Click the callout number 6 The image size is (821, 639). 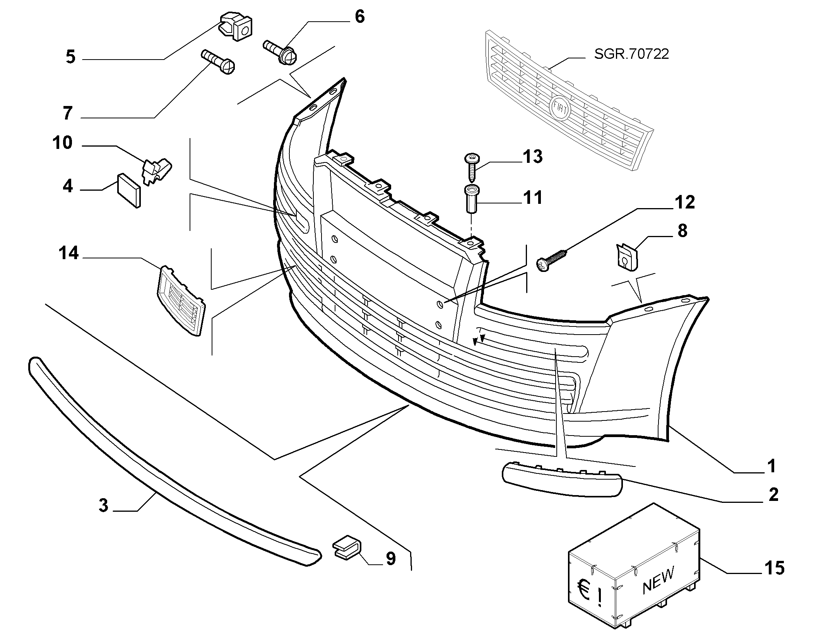coord(359,17)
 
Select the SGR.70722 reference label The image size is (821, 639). coord(631,54)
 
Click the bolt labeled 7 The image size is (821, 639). coord(218,62)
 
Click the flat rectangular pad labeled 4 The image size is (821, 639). coord(129,190)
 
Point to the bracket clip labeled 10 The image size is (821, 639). coord(157,171)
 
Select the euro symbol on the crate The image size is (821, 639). coord(584,588)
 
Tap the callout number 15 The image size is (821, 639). coord(774,568)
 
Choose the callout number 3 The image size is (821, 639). coord(103,505)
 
